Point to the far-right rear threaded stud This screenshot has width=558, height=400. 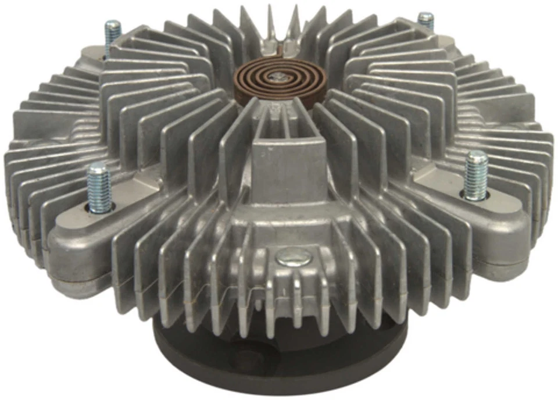point(426,22)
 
